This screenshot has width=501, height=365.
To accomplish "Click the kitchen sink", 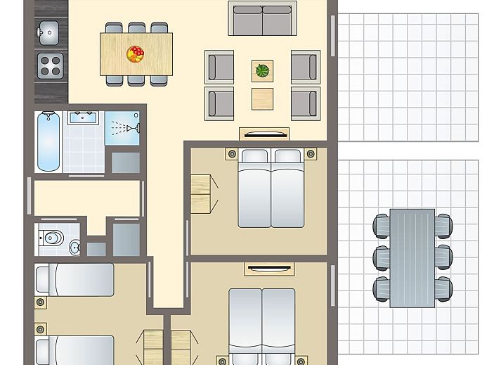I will click(50, 32).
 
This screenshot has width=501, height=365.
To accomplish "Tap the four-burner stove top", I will click(50, 65).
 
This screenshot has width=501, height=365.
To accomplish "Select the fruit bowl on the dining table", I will click(135, 53).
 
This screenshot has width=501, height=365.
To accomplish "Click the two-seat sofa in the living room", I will click(262, 20).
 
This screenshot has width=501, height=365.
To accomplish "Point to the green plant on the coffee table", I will click(262, 70).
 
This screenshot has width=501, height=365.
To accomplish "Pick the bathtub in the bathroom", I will click(48, 140).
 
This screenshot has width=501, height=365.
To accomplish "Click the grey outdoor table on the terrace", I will click(412, 256).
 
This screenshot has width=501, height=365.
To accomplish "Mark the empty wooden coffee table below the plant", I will click(262, 97).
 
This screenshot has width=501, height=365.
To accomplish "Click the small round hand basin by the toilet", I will click(75, 247).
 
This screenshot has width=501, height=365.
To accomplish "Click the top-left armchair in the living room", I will click(220, 67).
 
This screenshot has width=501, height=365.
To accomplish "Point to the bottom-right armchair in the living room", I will click(305, 102).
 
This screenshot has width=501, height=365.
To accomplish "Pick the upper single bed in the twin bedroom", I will click(74, 280).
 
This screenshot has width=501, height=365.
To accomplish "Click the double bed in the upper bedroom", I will click(272, 188).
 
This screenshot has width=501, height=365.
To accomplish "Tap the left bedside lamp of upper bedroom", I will click(230, 153).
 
